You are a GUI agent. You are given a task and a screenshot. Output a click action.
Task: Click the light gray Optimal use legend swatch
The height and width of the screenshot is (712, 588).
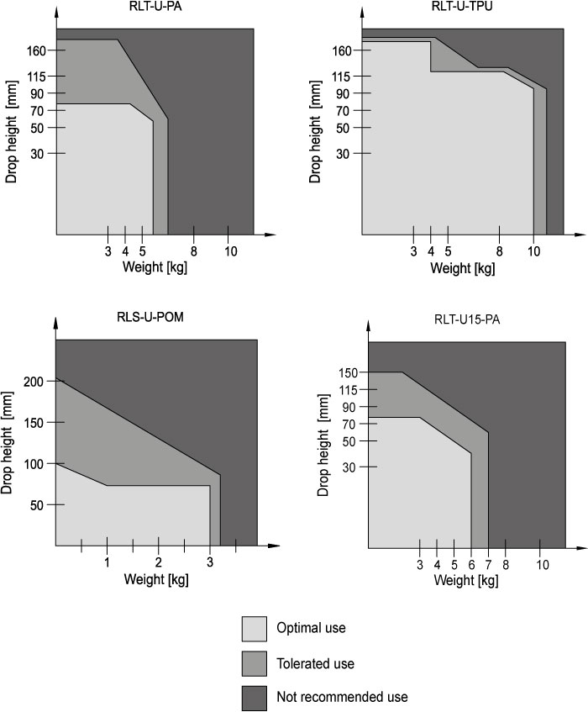coord(254,628)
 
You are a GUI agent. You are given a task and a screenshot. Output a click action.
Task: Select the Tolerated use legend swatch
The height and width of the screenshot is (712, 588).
coord(254,662)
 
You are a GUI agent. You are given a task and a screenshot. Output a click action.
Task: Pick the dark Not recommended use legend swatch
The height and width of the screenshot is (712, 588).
coord(254,697)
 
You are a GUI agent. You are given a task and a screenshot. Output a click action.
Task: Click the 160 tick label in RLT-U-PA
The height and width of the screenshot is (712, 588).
coord(44,50)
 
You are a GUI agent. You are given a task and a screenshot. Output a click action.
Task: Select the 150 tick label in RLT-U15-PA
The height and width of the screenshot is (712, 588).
coord(349,372)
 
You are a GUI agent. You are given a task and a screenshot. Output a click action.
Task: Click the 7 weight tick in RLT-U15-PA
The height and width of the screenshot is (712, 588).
coord(488,564)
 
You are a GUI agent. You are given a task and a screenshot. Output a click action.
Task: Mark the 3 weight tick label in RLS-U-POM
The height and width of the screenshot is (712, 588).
coord(210,562)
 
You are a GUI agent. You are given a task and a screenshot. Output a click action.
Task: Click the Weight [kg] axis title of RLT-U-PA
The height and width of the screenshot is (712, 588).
coord(155,268)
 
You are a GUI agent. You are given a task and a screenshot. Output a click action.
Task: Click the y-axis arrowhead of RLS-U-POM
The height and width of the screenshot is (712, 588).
coord(55,323)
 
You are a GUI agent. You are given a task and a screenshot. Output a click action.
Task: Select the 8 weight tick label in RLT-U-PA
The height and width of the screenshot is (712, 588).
coord(193,251)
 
